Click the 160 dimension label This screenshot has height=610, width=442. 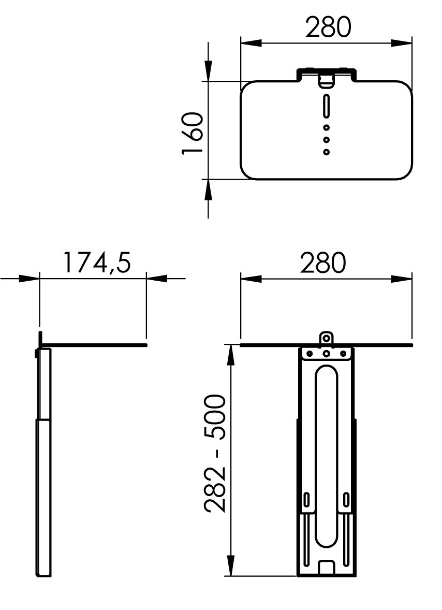coord(193,133)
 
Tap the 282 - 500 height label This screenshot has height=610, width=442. coord(215,454)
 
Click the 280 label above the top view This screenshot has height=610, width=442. coord(329,27)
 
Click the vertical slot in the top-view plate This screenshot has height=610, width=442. coord(326,106)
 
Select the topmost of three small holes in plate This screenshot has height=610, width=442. coord(327,127)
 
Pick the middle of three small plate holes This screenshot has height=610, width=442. coord(327,139)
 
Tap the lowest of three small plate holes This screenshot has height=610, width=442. coord(327,152)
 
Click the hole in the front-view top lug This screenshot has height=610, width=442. coord(327,339)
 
